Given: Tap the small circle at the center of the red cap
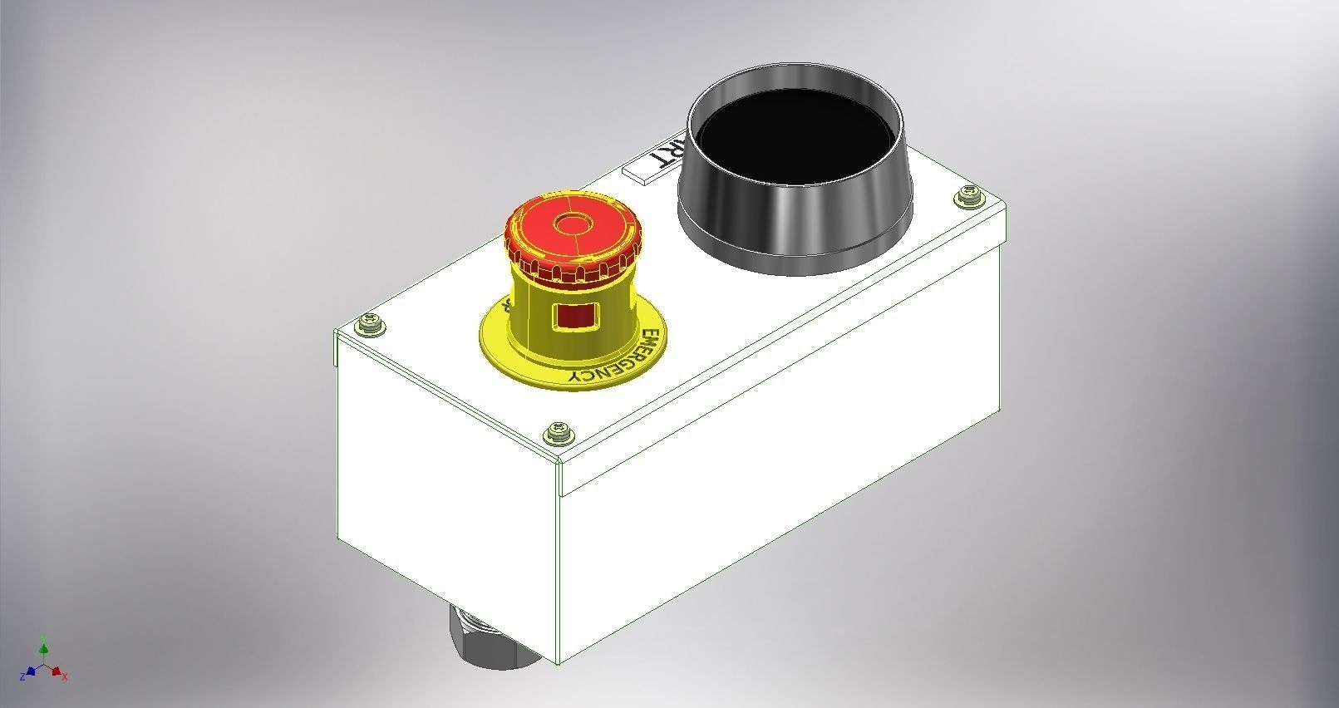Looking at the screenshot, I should [570, 224].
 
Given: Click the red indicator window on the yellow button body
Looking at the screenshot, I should [573, 316].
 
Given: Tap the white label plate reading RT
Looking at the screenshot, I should [653, 162].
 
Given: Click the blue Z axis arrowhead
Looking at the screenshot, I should [31, 671].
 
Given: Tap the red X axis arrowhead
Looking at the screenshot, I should [57, 671].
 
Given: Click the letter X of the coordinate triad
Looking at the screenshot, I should [65, 677].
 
